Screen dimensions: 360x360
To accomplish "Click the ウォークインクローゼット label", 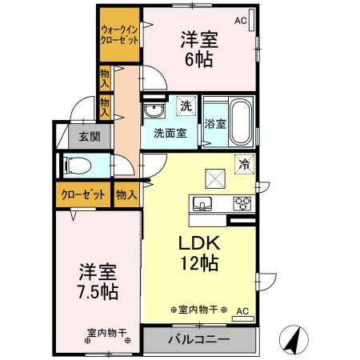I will coord(119,34).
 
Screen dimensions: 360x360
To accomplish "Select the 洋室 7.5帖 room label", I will coord(97,280).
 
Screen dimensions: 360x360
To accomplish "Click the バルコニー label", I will coord(199,340).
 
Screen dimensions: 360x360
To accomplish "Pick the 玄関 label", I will coord(89,137).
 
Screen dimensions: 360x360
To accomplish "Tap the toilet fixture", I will coord(78,166).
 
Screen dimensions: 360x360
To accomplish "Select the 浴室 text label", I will coord(214,125).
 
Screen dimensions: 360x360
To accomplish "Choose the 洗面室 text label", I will coord(170,133).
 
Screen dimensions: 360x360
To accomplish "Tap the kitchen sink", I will coord(202,203).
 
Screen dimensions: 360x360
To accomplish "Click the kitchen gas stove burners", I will coord(242,203).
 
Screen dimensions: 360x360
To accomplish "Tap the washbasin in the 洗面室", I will coord(154,110).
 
